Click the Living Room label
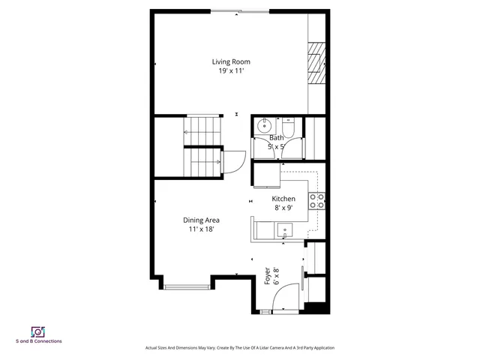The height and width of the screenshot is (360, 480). click(x=230, y=61)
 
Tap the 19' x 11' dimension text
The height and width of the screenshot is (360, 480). click(x=230, y=70)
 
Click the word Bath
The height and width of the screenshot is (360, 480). click(x=277, y=138)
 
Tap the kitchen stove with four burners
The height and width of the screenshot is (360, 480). click(x=317, y=201)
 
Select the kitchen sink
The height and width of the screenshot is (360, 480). click(x=285, y=230)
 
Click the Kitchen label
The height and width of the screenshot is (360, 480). click(x=283, y=199)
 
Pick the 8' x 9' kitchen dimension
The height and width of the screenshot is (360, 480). click(x=283, y=208)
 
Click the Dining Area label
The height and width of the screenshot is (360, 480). click(x=201, y=220)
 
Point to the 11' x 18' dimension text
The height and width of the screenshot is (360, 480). click(x=201, y=229)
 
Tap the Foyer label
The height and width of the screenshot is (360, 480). click(x=267, y=275)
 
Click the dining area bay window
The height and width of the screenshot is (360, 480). click(x=187, y=285)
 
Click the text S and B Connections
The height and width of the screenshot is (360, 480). click(x=38, y=342)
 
